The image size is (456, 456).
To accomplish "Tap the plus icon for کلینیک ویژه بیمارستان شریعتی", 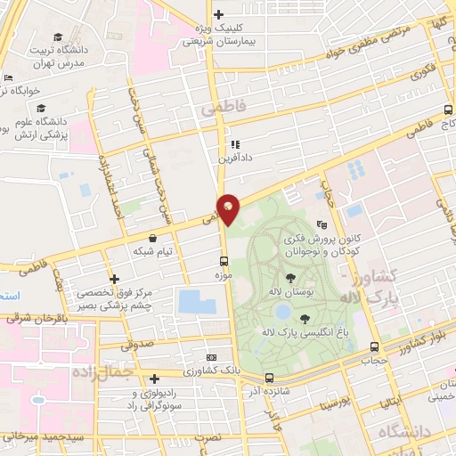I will click(x=219, y=13).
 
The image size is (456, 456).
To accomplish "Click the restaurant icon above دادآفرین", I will click(x=235, y=143).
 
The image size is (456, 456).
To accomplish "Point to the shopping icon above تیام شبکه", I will click(x=155, y=239).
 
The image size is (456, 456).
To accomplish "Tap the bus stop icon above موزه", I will click(x=224, y=262).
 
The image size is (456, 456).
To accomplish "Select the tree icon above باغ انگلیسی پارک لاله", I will click(x=305, y=317).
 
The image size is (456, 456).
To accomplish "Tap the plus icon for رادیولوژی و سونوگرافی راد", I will click(x=155, y=378).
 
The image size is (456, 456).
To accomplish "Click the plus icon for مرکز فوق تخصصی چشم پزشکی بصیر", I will click(x=113, y=278).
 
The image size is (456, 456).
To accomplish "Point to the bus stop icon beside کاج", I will click(x=448, y=112).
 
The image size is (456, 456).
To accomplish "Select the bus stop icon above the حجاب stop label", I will click(x=374, y=346).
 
